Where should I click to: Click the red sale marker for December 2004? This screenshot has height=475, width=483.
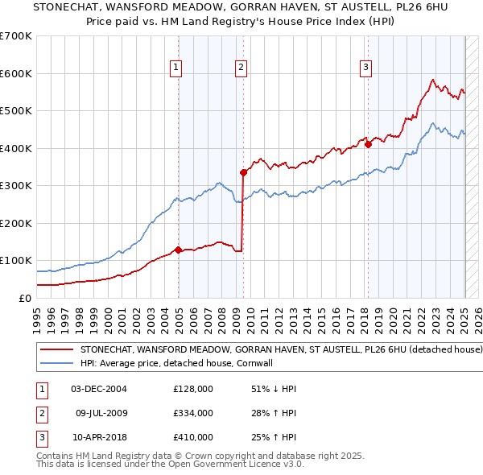[x=178, y=250]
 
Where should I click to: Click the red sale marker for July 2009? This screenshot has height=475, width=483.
[x=243, y=172]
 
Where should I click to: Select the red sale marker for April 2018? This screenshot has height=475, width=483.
[x=368, y=144]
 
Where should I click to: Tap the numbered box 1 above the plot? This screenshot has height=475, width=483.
[x=175, y=68]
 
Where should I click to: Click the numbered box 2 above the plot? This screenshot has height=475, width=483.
[x=241, y=68]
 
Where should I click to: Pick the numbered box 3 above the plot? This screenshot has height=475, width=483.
[x=365, y=68]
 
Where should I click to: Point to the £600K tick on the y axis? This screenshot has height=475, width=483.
[x=16, y=73]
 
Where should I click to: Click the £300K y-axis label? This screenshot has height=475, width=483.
[x=16, y=186]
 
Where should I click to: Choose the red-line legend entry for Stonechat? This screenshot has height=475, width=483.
[x=281, y=350]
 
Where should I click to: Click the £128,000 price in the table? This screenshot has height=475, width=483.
[x=193, y=389]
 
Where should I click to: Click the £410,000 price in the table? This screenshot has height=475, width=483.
[x=193, y=437]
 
